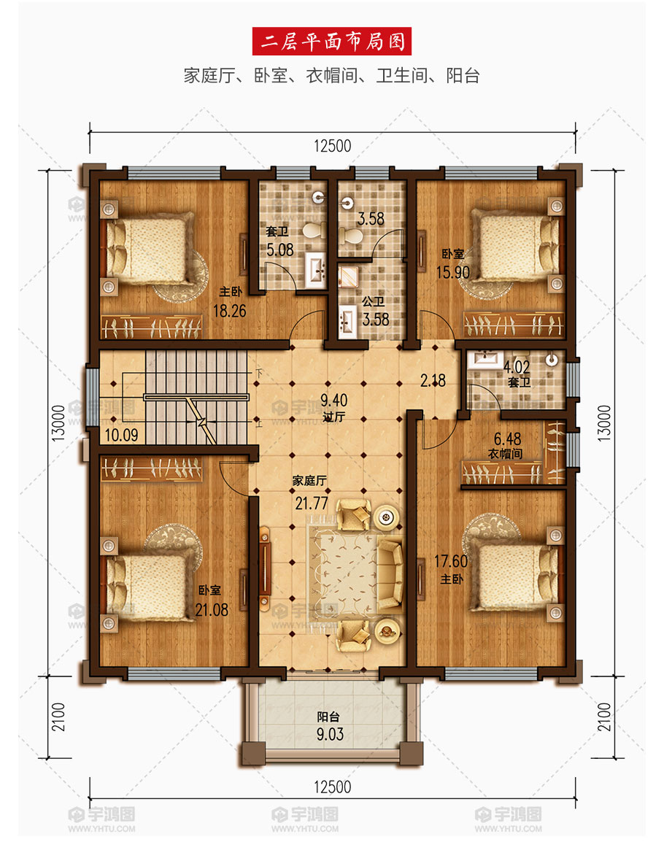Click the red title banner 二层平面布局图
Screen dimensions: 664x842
pos(332,42)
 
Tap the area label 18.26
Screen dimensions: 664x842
pos(229,310)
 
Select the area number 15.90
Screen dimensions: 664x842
pos(452,272)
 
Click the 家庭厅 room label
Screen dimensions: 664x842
pos(309,481)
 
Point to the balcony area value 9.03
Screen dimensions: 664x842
pos(330,734)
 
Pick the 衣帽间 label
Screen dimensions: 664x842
pos(505,454)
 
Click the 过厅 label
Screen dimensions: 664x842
pos(333,416)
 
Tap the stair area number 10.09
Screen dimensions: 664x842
pos(121,434)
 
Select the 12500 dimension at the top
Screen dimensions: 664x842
pos(333,145)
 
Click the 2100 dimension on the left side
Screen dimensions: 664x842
pos(58,717)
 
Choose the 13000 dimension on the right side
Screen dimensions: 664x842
pos(604,423)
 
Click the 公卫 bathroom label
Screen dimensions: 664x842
pos(373,302)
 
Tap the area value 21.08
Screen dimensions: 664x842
pos(212,609)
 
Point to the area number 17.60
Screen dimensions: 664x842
pos(451,561)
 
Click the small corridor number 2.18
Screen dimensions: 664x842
pos(433,380)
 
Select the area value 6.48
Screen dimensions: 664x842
pos(507,439)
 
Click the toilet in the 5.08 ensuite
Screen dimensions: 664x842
pos(314,231)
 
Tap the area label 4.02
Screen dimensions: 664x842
pos(517,367)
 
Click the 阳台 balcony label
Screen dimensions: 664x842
pos(328,717)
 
